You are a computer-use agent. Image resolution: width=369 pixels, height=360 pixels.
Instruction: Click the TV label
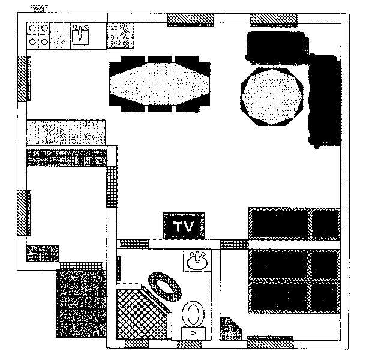184,227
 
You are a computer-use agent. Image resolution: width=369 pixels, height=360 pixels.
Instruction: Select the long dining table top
160,83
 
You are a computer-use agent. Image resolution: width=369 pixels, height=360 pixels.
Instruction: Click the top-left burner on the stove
32,28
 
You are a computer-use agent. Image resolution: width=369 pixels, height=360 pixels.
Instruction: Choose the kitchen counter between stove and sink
60,37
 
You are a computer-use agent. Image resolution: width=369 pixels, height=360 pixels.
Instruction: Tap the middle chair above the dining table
160,59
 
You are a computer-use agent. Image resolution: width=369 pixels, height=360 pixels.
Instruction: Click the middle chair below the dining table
160,108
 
